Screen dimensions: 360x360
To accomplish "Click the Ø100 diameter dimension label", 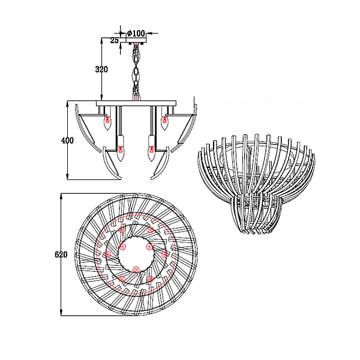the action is [136, 34].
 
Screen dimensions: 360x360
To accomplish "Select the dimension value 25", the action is [115, 41].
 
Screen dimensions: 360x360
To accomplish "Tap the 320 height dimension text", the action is [101, 70].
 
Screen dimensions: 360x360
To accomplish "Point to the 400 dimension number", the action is [67, 140].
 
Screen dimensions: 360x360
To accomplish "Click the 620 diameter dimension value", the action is [61, 254].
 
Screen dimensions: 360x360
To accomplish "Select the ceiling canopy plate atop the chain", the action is [136, 40].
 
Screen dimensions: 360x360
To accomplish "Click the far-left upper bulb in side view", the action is [107, 123].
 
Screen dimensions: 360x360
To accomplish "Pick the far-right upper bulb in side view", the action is [164, 122].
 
